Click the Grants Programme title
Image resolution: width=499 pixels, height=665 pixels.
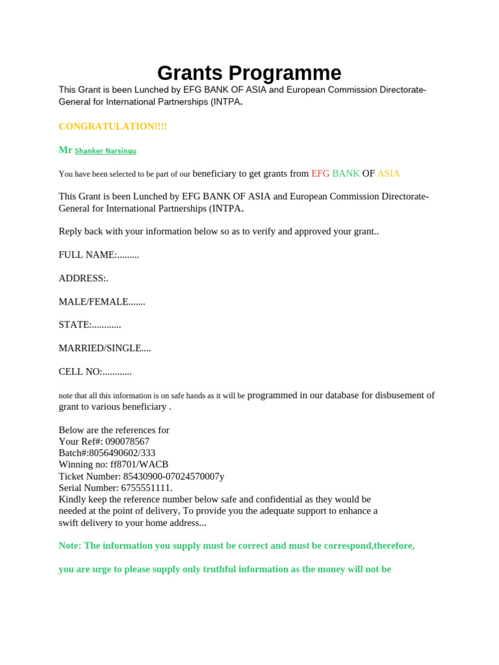point(249,73)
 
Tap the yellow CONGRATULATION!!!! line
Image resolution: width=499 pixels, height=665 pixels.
point(112,126)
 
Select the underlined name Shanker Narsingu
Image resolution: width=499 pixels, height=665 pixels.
point(105,151)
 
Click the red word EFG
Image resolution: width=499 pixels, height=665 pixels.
point(320,173)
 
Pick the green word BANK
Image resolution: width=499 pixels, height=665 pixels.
point(346,173)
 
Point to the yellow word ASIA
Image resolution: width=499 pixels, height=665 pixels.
point(389,173)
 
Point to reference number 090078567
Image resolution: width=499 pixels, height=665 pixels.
point(127,442)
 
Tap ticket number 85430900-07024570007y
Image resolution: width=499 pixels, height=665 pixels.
point(173,476)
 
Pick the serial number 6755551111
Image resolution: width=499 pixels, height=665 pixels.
point(146,488)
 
